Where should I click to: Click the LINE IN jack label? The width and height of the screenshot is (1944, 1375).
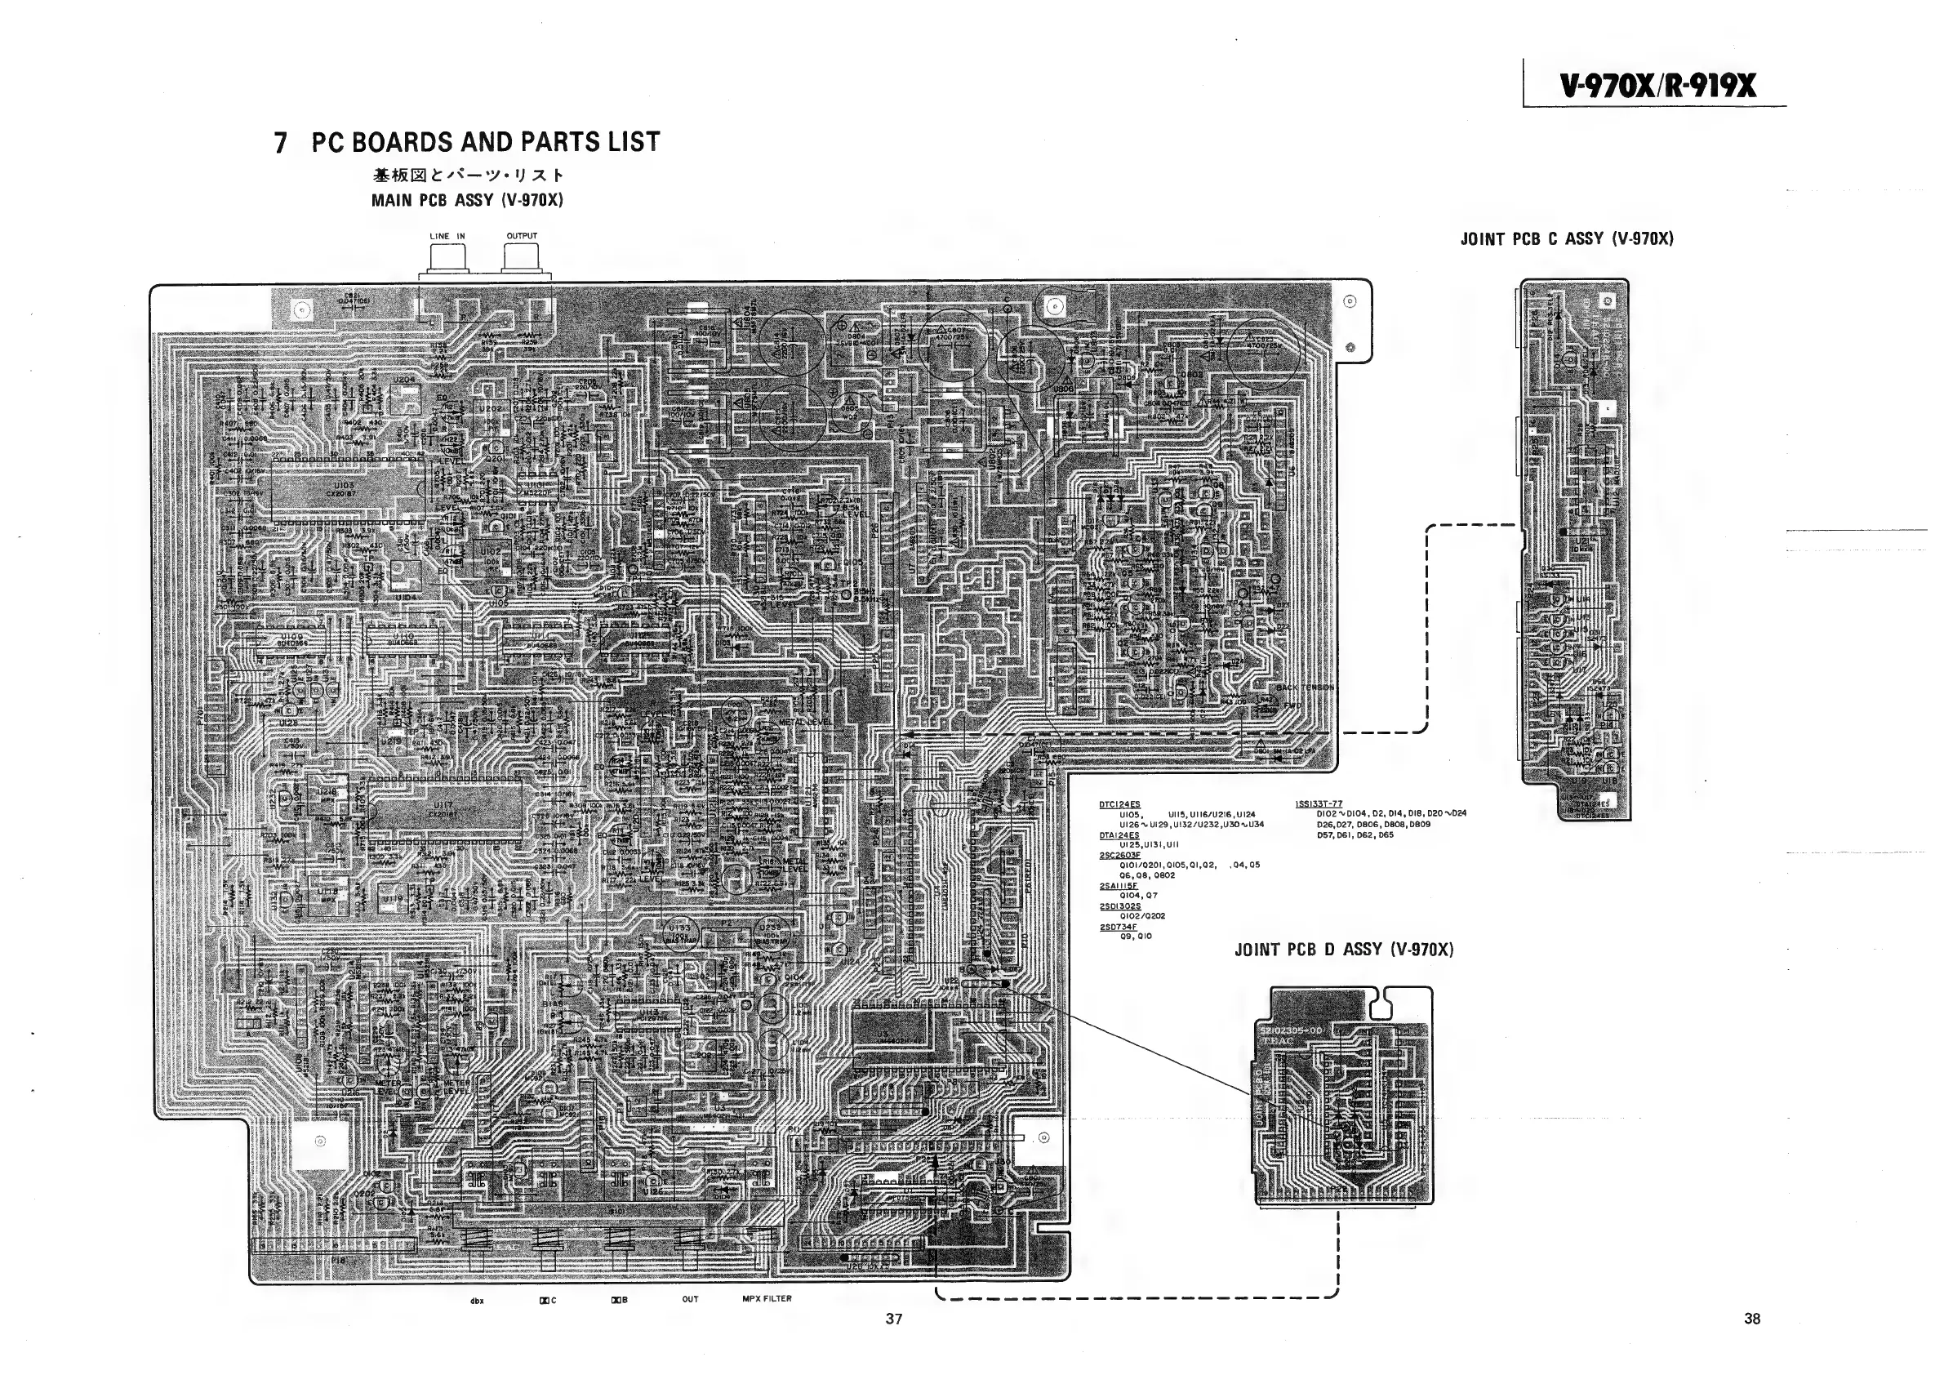pos(447,236)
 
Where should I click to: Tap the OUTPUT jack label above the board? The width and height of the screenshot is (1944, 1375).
pos(522,236)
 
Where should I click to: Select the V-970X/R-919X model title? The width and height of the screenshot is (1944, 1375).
pos(1657,86)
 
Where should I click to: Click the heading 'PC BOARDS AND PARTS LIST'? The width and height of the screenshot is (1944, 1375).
pos(485,142)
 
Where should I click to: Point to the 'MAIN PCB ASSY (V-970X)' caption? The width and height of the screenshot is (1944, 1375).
pos(466,201)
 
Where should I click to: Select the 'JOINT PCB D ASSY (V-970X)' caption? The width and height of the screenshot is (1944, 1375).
pos(1344,949)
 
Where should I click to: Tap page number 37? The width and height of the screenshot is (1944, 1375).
pos(894,1319)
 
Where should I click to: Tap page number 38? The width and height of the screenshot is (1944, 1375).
pos(1752,1319)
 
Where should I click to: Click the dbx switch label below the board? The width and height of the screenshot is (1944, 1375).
pos(477,1301)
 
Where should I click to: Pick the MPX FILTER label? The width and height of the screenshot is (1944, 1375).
pos(767,1298)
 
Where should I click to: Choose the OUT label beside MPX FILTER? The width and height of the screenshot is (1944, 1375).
pos(690,1299)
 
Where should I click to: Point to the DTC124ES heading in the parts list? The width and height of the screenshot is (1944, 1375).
pos(1119,804)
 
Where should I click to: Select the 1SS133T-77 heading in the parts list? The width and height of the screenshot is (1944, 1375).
pos(1319,804)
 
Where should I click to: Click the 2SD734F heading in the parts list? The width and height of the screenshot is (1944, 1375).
pos(1119,927)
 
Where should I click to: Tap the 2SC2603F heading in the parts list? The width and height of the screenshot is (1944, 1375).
pos(1120,855)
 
